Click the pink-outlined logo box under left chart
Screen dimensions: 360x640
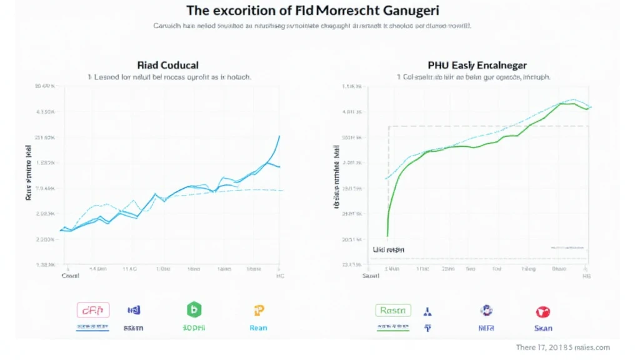pyautogui.click(x=92, y=309)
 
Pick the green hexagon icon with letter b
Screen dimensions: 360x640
pyautogui.click(x=194, y=309)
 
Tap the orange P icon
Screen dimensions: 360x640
pyautogui.click(x=259, y=310)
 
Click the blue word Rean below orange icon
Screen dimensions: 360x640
pyautogui.click(x=259, y=327)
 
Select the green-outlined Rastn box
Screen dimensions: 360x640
pyautogui.click(x=393, y=310)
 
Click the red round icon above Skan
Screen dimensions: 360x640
pyautogui.click(x=542, y=311)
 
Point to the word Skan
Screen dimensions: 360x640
pyautogui.click(x=542, y=327)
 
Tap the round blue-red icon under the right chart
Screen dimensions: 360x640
pyautogui.click(x=486, y=310)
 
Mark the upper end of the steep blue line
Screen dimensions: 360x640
pyautogui.click(x=279, y=136)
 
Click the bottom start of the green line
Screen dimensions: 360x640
pyautogui.click(x=387, y=236)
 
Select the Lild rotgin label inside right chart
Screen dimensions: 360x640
pyautogui.click(x=388, y=249)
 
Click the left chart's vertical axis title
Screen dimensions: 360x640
pyautogui.click(x=29, y=171)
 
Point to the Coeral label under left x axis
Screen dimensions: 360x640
pyautogui.click(x=70, y=275)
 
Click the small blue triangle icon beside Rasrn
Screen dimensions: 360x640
pyautogui.click(x=427, y=311)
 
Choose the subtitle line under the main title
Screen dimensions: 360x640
pyautogui.click(x=312, y=26)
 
